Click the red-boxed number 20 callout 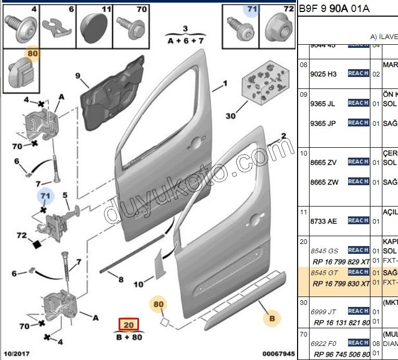click(129, 325)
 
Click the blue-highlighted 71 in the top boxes click(252, 9)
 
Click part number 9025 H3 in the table click(323, 74)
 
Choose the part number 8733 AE click(323, 221)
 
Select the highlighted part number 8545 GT click(324, 272)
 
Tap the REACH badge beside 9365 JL click(358, 103)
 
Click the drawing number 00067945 click(278, 354)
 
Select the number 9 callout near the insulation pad click(78, 76)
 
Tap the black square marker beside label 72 click(36, 243)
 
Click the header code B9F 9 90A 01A click(334, 8)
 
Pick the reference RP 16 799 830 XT click(341, 284)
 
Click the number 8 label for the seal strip click(121, 280)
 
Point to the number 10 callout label click(138, 285)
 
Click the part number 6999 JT click(324, 312)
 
